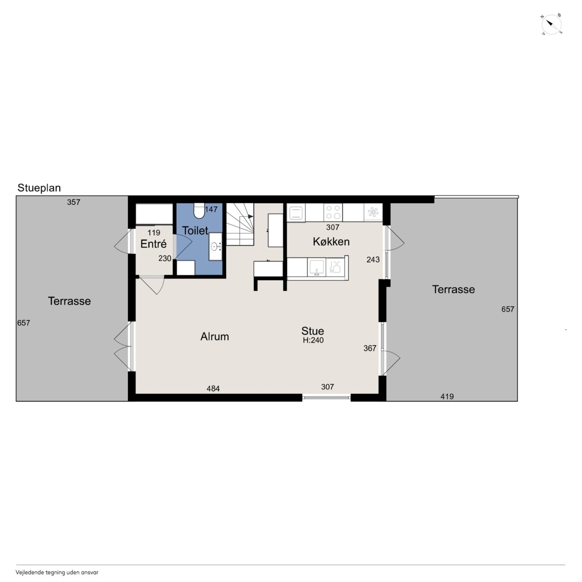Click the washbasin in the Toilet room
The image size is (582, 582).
tap(215, 247)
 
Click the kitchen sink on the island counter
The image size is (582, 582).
tap(317, 267)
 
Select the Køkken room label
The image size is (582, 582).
tap(331, 242)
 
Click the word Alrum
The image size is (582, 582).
tap(215, 336)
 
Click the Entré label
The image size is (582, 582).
tap(153, 244)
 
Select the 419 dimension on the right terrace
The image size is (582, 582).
tap(447, 396)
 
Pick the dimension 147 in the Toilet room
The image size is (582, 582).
tap(211, 209)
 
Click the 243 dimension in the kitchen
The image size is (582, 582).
tap(373, 260)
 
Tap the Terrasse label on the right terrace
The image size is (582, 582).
tap(453, 289)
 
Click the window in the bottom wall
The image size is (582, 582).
tap(327, 398)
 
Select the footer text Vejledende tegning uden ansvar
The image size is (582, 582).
tap(57, 572)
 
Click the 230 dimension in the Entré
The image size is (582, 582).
tap(165, 259)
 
